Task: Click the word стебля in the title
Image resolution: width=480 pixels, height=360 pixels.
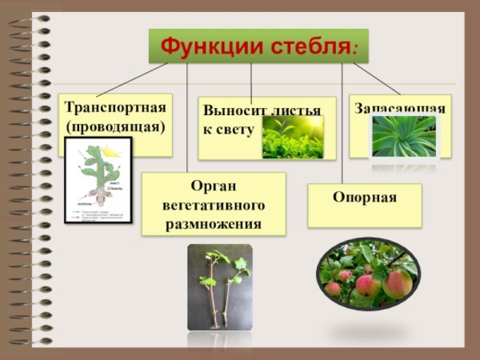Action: [309, 46]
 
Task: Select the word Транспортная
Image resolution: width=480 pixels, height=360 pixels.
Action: [115, 107]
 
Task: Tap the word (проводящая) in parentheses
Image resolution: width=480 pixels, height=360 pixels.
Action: [115, 126]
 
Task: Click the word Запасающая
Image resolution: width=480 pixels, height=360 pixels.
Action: [400, 107]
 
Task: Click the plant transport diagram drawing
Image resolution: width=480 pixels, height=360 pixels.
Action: [98, 179]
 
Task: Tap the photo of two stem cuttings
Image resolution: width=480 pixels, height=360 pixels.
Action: [219, 286]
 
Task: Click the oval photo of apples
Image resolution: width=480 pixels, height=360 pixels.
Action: [366, 274]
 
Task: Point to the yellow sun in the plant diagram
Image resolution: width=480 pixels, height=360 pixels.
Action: [110, 150]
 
